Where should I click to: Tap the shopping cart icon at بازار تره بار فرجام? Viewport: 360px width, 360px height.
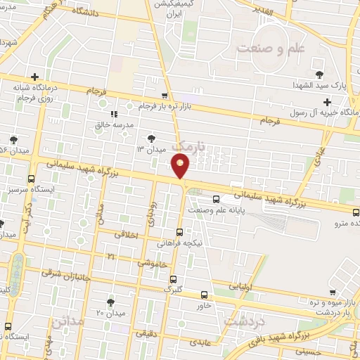tap(165, 95)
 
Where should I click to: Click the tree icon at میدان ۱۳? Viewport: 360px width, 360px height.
tap(153, 138)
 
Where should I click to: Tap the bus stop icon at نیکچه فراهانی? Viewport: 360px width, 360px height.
tap(179, 231)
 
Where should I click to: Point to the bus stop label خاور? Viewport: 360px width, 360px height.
tap(204, 305)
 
